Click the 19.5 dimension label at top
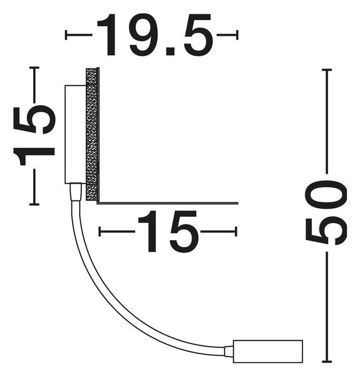point(155,34)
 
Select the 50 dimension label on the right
point(326,212)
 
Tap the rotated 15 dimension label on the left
point(34,135)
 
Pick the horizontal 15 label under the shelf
point(168,231)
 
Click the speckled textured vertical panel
point(92,134)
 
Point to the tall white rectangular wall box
point(75,134)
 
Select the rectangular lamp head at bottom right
point(268,352)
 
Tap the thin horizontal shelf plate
point(168,203)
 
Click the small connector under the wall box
point(76,192)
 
